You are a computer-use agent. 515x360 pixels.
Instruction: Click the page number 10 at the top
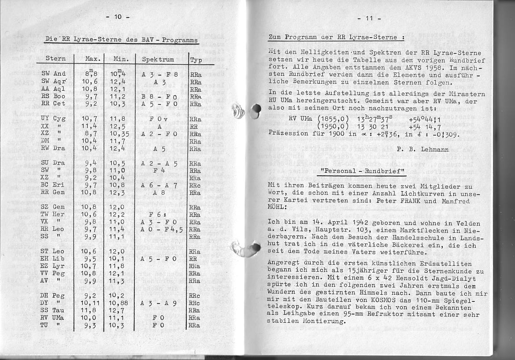118,18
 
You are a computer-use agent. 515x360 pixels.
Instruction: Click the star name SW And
53,74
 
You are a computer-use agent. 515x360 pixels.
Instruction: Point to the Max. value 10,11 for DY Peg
90,303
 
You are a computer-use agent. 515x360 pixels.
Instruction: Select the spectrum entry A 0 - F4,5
162,229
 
